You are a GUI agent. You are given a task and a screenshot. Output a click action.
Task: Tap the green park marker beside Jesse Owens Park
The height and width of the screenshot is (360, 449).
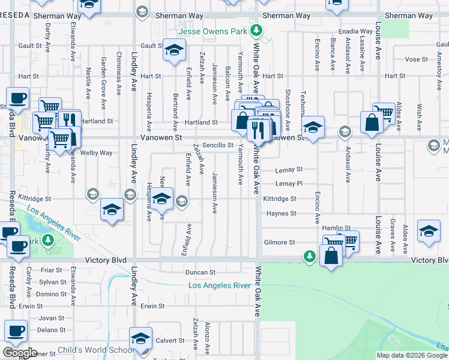click(256, 31)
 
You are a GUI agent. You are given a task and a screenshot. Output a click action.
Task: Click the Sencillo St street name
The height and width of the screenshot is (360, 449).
click(217, 145)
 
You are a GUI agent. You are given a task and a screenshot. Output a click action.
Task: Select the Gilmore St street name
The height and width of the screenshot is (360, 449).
click(280, 242)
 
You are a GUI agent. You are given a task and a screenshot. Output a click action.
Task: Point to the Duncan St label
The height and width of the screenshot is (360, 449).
click(200, 272)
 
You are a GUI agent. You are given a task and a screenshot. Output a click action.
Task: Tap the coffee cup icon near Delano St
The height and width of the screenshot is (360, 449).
click(16, 331)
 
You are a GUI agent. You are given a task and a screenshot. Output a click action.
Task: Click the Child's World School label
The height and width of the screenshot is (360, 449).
click(96, 350)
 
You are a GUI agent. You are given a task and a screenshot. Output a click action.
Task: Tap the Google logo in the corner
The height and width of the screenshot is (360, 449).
click(20, 353)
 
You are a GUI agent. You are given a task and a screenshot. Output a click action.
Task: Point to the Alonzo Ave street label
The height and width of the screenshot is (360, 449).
click(207, 337)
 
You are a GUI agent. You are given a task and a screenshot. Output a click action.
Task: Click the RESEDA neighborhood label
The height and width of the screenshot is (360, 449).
click(14, 15)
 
